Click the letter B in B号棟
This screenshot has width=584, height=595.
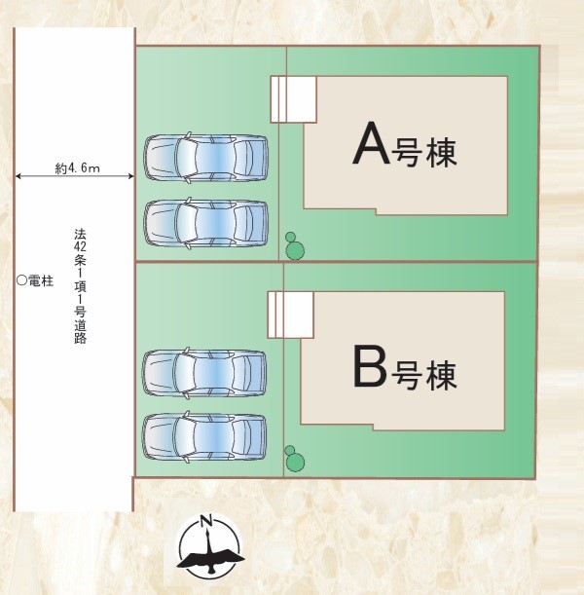click(x=371, y=367)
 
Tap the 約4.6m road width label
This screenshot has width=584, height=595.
click(x=77, y=167)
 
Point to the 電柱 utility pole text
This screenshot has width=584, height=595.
click(x=40, y=280)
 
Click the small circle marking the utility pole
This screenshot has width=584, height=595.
click(x=20, y=280)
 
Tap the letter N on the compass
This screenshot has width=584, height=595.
click(x=205, y=519)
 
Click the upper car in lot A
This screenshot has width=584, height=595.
click(x=206, y=155)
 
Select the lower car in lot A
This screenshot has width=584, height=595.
click(x=206, y=222)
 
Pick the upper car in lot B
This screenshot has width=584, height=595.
click(x=205, y=371)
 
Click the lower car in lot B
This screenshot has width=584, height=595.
click(x=205, y=436)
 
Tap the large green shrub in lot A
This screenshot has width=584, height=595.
click(x=295, y=250)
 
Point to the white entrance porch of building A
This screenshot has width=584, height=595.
click(x=293, y=98)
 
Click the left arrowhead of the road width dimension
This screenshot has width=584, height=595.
click(x=18, y=177)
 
